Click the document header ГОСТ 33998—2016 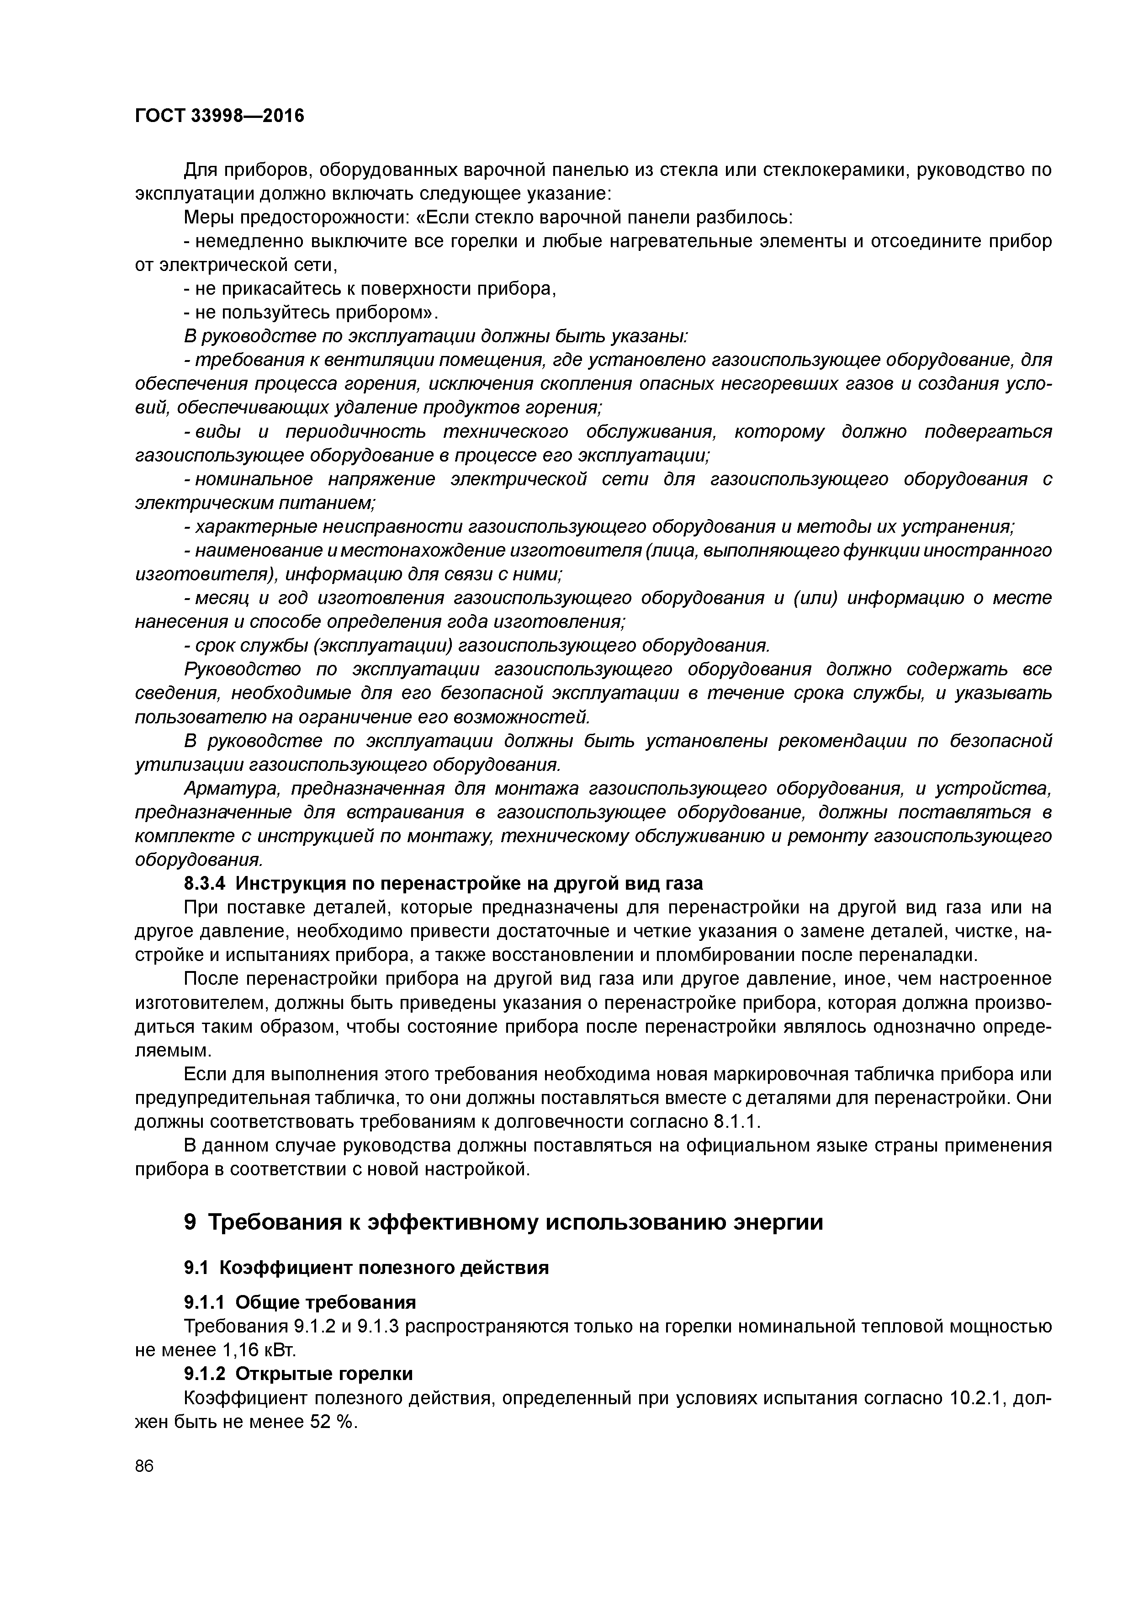point(219,115)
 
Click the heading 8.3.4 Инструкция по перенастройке point(443,883)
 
